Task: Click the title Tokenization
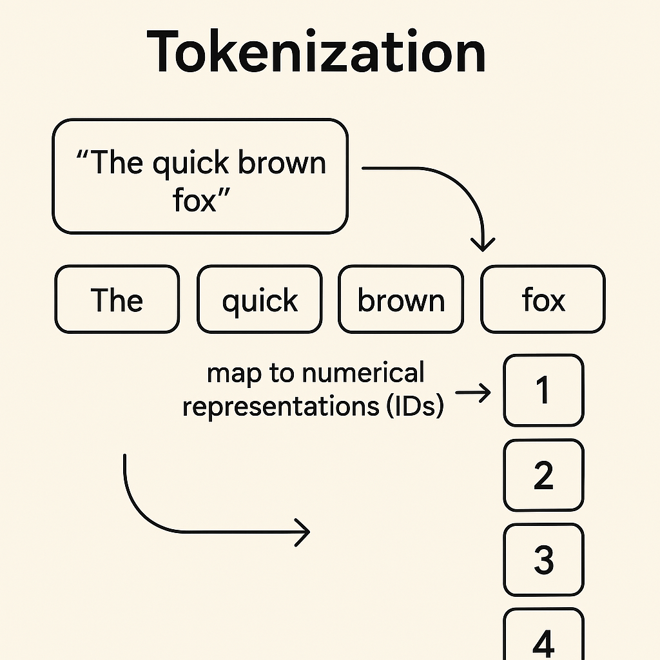pyautogui.click(x=316, y=52)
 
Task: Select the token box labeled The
pyautogui.click(x=117, y=300)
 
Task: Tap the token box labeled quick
pyautogui.click(x=259, y=300)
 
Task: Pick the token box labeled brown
pyautogui.click(x=401, y=300)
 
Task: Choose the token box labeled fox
pyautogui.click(x=543, y=300)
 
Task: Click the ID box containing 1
pyautogui.click(x=543, y=391)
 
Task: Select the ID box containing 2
pyautogui.click(x=543, y=475)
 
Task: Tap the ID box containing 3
pyautogui.click(x=543, y=559)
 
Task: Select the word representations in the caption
pyautogui.click(x=281, y=406)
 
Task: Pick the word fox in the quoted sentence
pyautogui.click(x=194, y=200)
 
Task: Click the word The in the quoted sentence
pyautogui.click(x=115, y=164)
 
